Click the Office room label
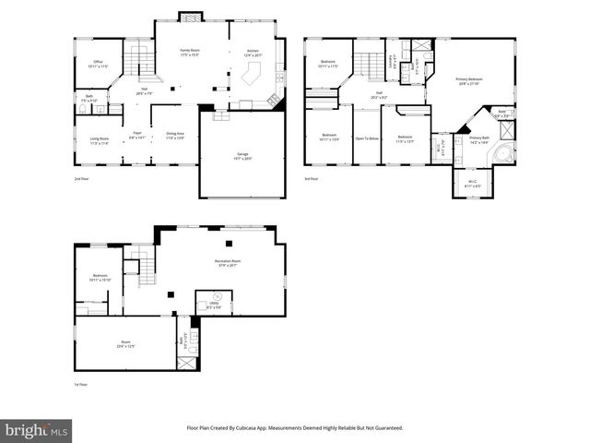tap(97, 65)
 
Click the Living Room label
tap(99, 141)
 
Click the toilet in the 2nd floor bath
tap(83, 110)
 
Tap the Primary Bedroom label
tap(469, 80)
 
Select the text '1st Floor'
tap(81, 384)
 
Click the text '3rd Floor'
tap(312, 178)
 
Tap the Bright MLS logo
tap(37, 430)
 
